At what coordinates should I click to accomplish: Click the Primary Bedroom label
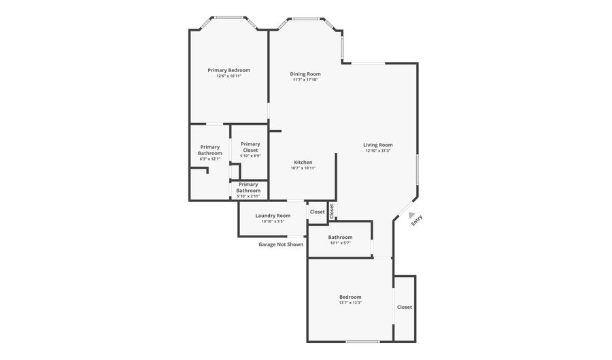[x=228, y=70]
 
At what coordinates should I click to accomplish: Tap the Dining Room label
[x=305, y=73]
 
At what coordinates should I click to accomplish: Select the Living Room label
[x=378, y=144]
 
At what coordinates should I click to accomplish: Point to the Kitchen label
[x=303, y=162]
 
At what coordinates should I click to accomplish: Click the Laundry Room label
[x=273, y=216]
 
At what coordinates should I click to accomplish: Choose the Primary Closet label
[x=250, y=146]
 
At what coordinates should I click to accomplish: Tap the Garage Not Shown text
[x=281, y=244]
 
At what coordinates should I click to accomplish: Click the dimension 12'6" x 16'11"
[x=228, y=76]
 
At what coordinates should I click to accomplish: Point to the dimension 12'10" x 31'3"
[x=378, y=150]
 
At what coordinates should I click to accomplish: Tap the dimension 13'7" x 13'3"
[x=350, y=303]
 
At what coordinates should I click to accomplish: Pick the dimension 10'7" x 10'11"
[x=303, y=168]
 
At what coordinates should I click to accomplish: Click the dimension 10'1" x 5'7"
[x=340, y=243]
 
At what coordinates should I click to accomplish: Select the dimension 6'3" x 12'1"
[x=209, y=159]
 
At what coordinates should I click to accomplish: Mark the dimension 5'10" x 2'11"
[x=248, y=196]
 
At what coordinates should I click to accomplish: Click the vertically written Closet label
[x=332, y=211]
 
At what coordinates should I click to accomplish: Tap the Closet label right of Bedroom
[x=405, y=307]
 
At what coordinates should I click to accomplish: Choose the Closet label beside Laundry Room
[x=318, y=212]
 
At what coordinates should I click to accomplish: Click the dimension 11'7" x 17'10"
[x=305, y=80]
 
